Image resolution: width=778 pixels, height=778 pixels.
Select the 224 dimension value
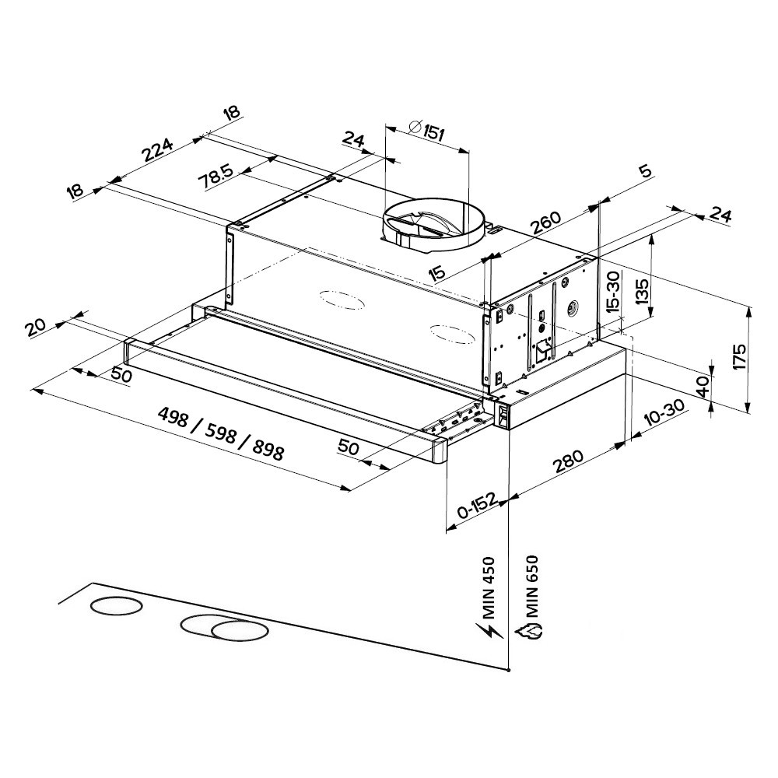pyautogui.click(x=158, y=151)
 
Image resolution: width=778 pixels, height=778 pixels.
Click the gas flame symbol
pyautogui.click(x=532, y=631)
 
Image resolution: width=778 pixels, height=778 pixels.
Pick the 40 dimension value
pyautogui.click(x=703, y=387)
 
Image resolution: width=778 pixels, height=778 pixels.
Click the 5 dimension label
pyautogui.click(x=645, y=172)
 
